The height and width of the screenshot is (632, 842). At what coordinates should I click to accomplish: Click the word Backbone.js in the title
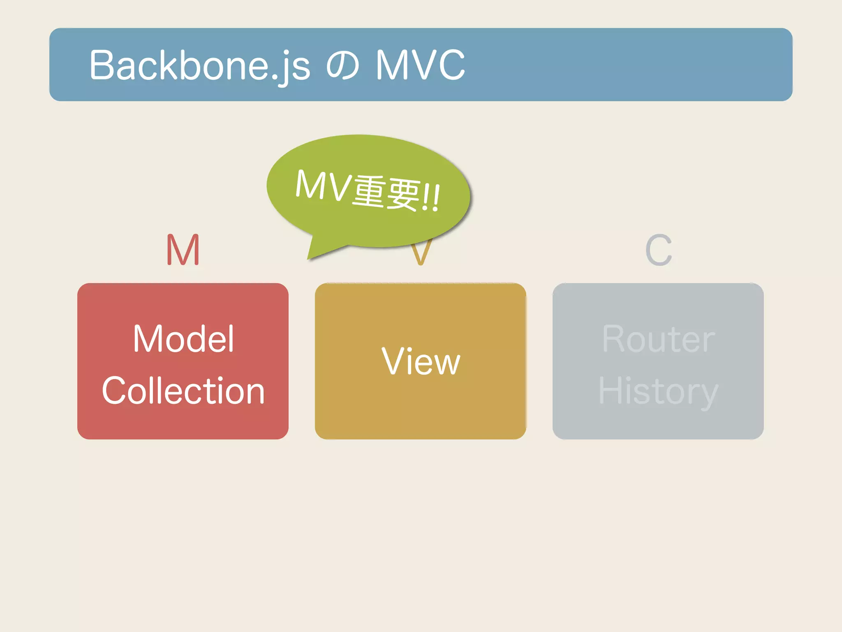200,65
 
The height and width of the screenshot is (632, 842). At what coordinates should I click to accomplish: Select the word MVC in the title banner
420,65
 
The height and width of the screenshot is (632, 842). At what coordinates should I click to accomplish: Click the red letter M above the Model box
183,250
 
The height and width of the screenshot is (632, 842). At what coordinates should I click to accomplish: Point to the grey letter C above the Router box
658,250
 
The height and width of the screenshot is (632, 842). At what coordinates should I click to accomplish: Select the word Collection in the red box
183,391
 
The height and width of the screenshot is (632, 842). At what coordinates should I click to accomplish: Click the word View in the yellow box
421,361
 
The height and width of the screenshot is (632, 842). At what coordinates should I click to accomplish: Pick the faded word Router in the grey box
658,339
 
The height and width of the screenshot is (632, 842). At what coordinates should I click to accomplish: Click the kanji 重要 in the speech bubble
386,193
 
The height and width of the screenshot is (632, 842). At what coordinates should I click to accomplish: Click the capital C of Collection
113,391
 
